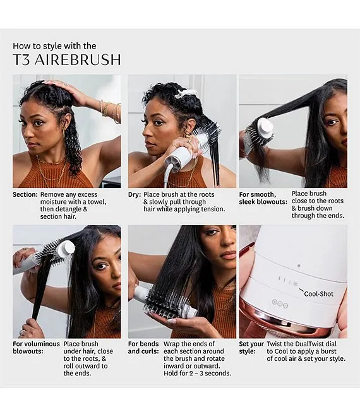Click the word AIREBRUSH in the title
(78, 59)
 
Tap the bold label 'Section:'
(25, 194)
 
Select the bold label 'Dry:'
(135, 194)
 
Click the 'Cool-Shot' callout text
(318, 294)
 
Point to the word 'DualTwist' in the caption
(306, 344)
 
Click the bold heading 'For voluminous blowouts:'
(36, 348)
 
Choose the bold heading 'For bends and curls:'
(143, 348)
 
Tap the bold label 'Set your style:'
(251, 348)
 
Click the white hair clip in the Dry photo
(186, 93)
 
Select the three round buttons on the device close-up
(280, 303)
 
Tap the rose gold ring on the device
(285, 319)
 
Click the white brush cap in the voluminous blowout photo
(66, 249)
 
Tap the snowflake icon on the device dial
(295, 284)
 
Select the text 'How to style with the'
(54, 46)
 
